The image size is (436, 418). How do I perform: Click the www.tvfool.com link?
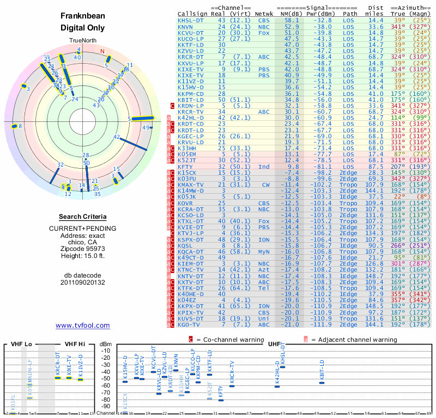click(83, 325)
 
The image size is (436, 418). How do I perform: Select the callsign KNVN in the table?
click(185, 27)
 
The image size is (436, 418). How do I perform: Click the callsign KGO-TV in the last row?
click(189, 325)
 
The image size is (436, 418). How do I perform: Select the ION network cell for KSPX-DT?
click(264, 239)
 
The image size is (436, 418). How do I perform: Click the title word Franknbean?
click(83, 17)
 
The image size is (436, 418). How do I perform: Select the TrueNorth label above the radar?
click(83, 41)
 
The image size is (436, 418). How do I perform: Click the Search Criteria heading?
click(83, 217)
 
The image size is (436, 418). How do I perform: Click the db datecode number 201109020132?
click(83, 282)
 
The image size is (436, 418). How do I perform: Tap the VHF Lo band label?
click(20, 344)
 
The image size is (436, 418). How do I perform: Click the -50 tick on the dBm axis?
click(106, 378)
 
